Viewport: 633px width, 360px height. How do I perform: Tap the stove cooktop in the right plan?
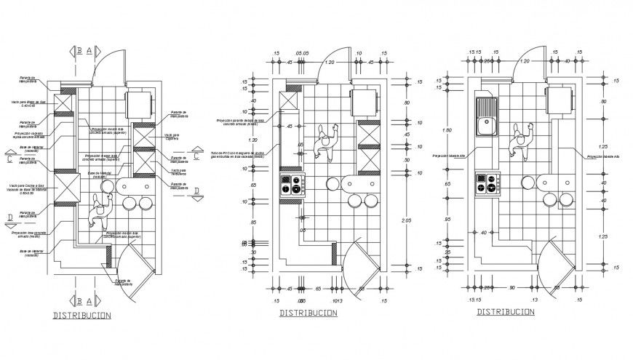487,184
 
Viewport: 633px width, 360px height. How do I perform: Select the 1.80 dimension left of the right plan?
448,131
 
